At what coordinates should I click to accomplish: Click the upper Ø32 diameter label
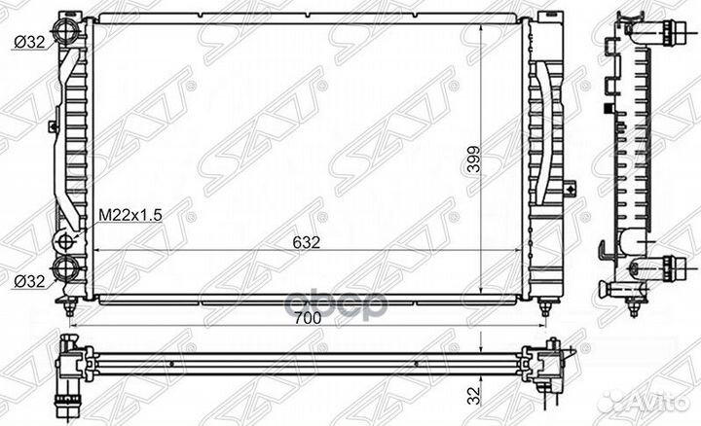(26, 42)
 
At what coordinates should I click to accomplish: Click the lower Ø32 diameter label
(26, 282)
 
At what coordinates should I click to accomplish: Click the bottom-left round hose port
(66, 269)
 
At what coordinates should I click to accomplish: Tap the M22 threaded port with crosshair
(66, 241)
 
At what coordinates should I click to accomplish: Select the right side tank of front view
(546, 156)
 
